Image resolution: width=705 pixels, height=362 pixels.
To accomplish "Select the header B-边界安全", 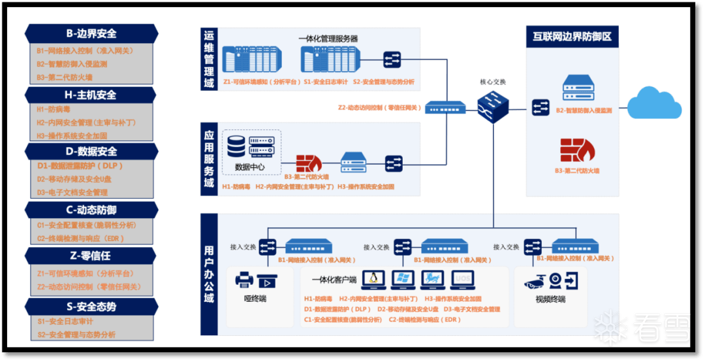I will (91, 33).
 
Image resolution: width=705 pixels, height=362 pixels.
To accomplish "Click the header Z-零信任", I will (91, 255).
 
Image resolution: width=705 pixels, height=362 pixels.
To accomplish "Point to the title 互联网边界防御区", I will (572, 37).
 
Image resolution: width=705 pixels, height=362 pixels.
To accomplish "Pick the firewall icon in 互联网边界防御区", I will (577, 150).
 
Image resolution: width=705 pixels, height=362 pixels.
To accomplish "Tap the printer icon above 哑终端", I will (244, 280).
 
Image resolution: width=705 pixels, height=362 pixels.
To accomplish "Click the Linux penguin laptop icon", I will (373, 280).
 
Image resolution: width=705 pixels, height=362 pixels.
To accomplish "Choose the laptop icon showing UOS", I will (462, 280).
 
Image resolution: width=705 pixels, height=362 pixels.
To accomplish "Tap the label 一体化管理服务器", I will (328, 39).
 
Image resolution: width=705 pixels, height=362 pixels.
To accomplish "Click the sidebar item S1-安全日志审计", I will (65, 321).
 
